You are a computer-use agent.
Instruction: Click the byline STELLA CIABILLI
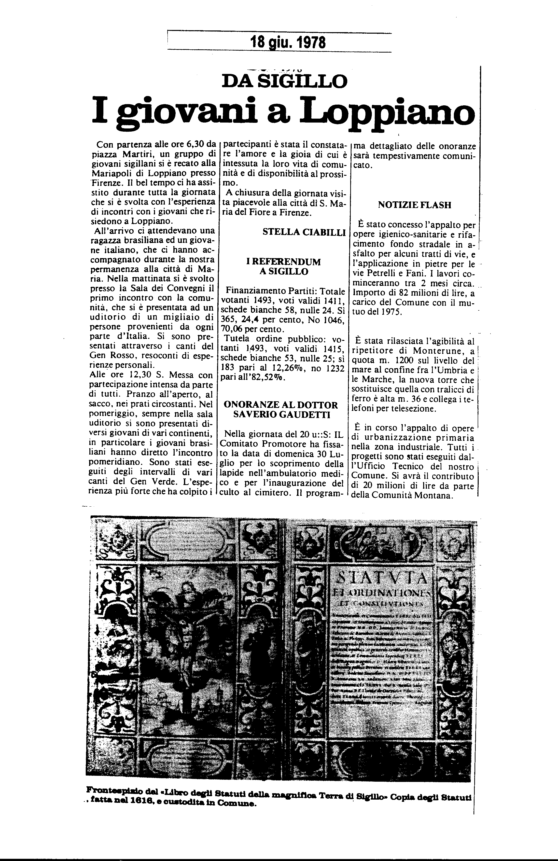304,233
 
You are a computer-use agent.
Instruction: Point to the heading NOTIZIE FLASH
414,205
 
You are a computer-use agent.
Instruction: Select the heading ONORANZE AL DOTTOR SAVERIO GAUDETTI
281,410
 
